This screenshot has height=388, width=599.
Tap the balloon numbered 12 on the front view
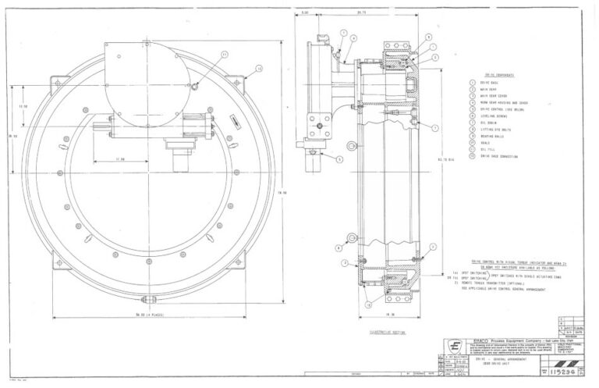point(259,69)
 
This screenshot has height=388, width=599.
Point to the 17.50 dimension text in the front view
point(122,160)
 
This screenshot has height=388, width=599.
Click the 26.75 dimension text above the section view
point(361,13)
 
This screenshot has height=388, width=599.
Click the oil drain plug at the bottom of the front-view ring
point(146,299)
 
